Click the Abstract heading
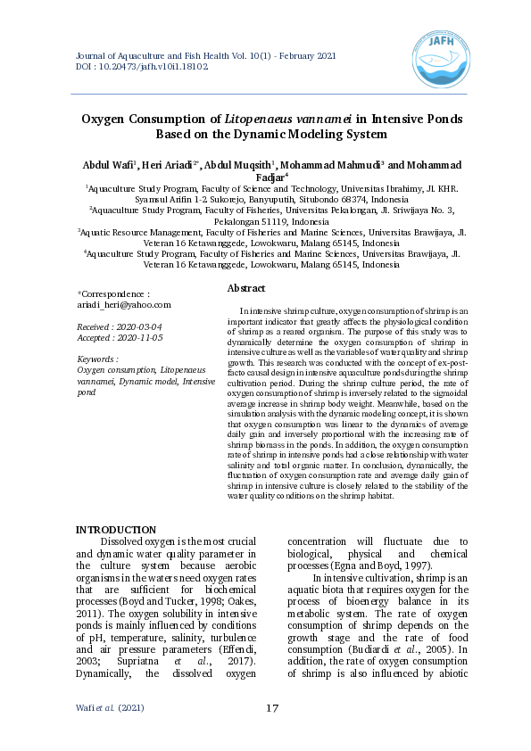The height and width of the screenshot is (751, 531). [246, 289]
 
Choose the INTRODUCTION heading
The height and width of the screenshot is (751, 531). [116, 531]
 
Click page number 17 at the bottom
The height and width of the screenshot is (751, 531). [273, 708]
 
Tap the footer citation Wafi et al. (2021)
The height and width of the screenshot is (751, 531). [111, 708]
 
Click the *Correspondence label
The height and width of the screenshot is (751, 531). [114, 293]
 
